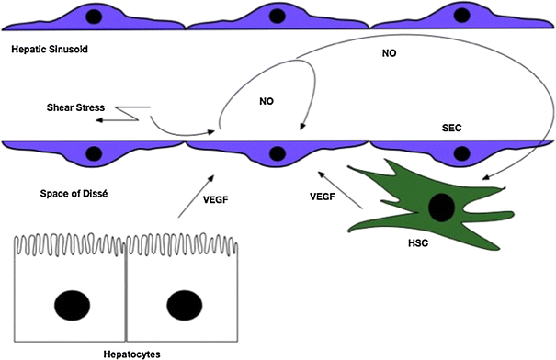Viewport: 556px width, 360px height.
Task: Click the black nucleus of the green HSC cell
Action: pyautogui.click(x=440, y=208)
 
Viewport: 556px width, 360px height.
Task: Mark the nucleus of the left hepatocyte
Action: pyautogui.click(x=73, y=302)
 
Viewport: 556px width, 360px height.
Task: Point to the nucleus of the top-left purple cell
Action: pyautogui.click(x=96, y=16)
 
